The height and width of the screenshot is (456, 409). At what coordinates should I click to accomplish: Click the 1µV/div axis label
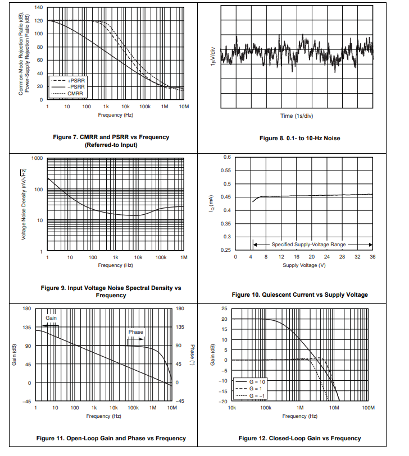click(x=212, y=57)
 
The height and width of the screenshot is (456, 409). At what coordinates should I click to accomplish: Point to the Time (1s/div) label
click(x=297, y=116)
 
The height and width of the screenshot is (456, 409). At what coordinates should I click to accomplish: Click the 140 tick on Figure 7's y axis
click(x=38, y=8)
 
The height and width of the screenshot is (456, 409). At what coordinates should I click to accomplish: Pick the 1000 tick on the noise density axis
click(x=38, y=158)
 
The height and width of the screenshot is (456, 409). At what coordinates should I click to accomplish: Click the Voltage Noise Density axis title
click(x=25, y=205)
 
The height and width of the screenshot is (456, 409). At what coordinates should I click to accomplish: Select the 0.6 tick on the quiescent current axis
click(x=227, y=157)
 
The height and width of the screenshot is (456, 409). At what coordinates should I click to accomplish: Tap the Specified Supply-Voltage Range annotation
click(x=308, y=245)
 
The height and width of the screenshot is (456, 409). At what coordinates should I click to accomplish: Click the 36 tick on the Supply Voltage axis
click(x=372, y=257)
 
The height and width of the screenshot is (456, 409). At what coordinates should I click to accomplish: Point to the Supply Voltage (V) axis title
click(x=303, y=265)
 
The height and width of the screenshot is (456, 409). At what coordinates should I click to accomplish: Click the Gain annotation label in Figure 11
click(x=51, y=318)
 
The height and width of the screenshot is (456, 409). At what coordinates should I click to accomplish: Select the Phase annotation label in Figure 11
click(x=135, y=332)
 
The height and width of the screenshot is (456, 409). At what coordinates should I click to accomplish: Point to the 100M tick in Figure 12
click(x=368, y=408)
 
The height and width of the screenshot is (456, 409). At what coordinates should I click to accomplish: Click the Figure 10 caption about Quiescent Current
click(x=299, y=295)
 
